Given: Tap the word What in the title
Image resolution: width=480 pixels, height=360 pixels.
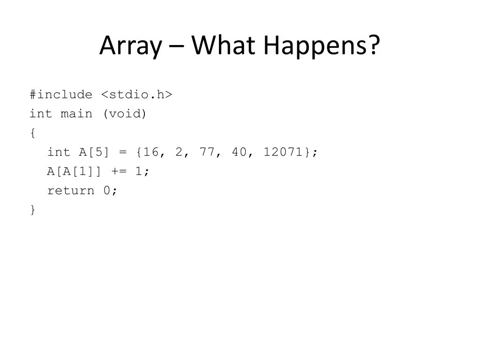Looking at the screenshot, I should pyautogui.click(x=224, y=45).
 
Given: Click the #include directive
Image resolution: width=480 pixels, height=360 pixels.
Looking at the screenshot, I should pyautogui.click(x=61, y=95).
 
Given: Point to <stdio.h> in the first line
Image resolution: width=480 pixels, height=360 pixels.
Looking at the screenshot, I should pyautogui.click(x=136, y=95).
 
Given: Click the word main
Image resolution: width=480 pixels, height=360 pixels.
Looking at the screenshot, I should pyautogui.click(x=76, y=114).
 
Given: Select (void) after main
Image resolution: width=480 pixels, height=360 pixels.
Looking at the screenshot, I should pyautogui.click(x=124, y=114).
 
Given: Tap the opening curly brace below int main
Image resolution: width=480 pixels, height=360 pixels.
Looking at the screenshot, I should pyautogui.click(x=32, y=134).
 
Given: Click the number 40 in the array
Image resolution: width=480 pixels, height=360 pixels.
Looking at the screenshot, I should pyautogui.click(x=240, y=152).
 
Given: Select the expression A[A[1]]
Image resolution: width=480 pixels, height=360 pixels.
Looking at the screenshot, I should pyautogui.click(x=73, y=172).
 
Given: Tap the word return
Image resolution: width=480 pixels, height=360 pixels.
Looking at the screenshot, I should pyautogui.click(x=70, y=191).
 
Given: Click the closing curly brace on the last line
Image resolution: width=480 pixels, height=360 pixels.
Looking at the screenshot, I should pyautogui.click(x=32, y=210).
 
